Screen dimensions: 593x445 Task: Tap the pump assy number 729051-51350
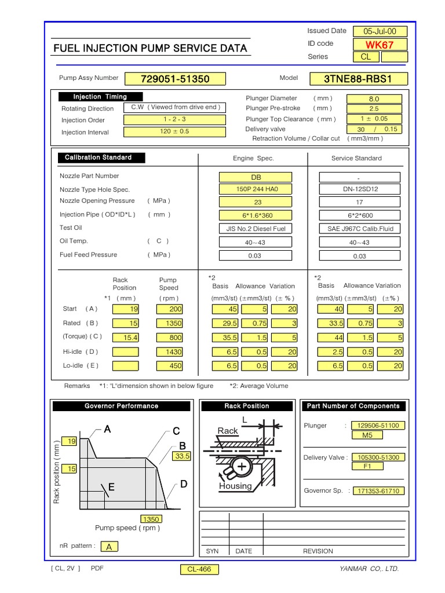tap(175, 79)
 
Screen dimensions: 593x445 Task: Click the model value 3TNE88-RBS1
tap(366, 79)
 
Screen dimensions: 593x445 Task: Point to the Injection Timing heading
tap(100, 97)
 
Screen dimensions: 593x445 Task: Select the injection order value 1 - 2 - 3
tap(174, 119)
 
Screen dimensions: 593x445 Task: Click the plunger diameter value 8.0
tap(374, 99)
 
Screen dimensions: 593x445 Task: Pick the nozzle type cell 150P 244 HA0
tap(256, 189)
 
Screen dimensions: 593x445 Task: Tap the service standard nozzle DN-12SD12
tap(359, 189)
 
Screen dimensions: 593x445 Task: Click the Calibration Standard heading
tap(99, 158)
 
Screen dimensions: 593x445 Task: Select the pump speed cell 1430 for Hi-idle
tap(169, 352)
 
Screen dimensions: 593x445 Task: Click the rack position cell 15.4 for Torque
tap(126, 338)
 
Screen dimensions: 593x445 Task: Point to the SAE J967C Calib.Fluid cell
tap(359, 228)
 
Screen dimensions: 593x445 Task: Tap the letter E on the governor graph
tap(112, 488)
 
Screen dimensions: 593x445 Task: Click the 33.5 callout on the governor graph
tap(181, 456)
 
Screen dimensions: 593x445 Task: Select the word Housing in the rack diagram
tap(235, 486)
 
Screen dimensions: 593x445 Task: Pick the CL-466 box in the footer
tap(199, 569)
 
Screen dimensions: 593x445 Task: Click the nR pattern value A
tap(108, 546)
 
